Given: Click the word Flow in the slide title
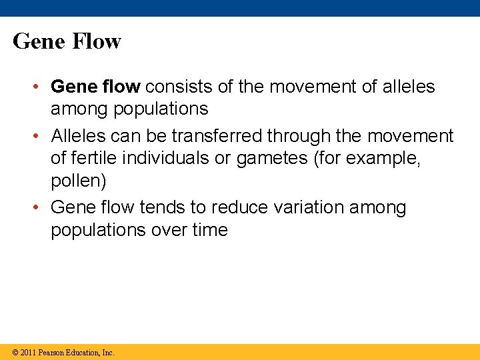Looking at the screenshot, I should click(x=95, y=41).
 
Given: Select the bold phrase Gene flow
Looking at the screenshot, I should click(x=95, y=87).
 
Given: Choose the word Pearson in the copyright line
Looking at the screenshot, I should click(x=51, y=352).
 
